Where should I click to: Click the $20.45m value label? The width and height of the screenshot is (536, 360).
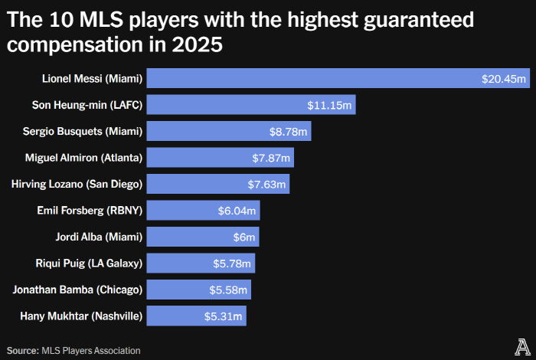pyautogui.click(x=504, y=79)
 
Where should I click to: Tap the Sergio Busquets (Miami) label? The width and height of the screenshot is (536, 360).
pyautogui.click(x=83, y=132)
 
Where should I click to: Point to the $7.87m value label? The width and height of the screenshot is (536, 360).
pyautogui.click(x=271, y=159)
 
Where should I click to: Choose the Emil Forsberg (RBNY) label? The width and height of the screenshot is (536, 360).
pyautogui.click(x=90, y=211)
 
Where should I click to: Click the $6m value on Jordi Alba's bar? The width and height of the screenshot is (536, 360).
pyautogui.click(x=245, y=237)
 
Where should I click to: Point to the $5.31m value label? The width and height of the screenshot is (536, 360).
pyautogui.click(x=227, y=316)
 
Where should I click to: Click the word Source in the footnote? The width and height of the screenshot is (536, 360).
pyautogui.click(x=22, y=350)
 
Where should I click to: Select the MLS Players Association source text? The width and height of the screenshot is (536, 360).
pyautogui.click(x=91, y=350)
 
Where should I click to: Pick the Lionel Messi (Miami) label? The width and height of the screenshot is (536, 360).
pyautogui.click(x=92, y=79)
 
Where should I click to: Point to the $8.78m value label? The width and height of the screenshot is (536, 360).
pyautogui.click(x=288, y=132)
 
